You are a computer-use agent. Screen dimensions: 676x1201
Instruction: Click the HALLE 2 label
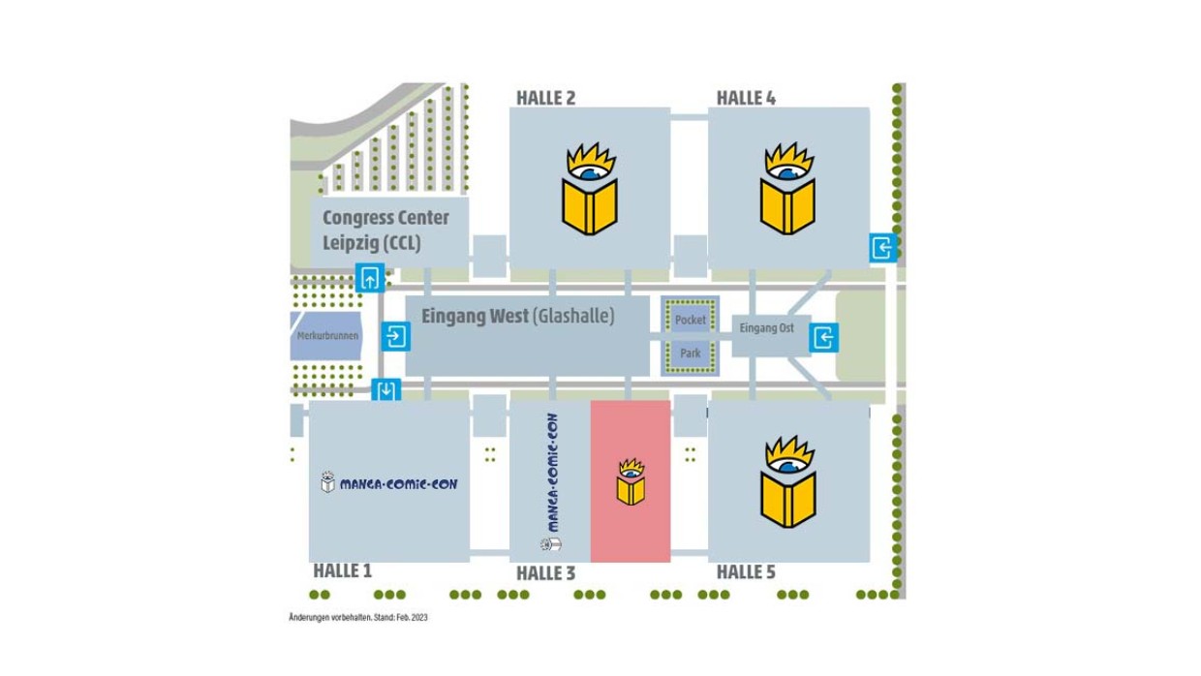tap(545, 98)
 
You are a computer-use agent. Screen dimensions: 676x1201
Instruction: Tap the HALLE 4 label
tap(746, 98)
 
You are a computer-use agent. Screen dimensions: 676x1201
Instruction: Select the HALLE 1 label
tap(342, 570)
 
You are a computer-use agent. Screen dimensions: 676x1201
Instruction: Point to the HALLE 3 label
tap(545, 573)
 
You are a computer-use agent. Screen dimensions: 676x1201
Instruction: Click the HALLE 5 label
tap(746, 572)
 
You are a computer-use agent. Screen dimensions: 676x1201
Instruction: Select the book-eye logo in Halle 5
tap(787, 481)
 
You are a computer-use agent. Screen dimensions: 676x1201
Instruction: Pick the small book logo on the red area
tap(631, 481)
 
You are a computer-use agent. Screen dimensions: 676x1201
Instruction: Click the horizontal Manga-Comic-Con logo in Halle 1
tap(389, 482)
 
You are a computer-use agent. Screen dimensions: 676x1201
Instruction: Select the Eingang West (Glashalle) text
tap(517, 316)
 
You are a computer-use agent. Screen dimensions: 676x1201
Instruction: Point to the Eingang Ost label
tap(766, 328)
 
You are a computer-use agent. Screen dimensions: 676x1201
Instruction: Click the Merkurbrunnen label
tap(327, 336)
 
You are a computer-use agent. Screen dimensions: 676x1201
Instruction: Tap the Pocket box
tap(691, 320)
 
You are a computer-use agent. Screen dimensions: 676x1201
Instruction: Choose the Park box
tap(691, 353)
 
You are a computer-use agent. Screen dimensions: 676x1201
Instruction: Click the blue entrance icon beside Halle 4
tap(882, 248)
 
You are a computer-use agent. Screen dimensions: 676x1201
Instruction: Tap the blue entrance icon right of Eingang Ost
tap(824, 337)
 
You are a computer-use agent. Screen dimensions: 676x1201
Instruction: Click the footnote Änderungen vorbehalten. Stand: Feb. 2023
tap(357, 617)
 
